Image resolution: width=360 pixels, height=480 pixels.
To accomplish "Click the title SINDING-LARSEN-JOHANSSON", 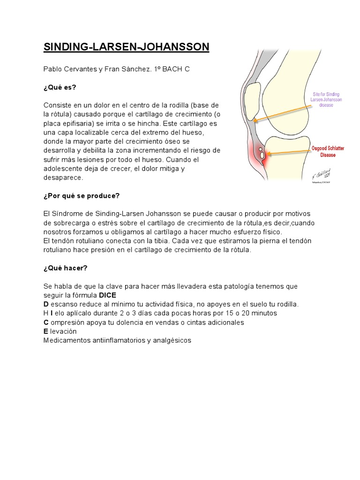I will coord(127,47).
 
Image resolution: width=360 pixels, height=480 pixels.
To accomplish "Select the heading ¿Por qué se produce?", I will coord(82,195).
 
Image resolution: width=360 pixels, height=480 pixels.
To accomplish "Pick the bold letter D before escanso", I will coord(46,304).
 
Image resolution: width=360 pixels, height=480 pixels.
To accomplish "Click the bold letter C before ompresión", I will coord(46,322).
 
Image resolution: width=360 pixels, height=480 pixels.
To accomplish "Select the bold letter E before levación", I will coord(45,331).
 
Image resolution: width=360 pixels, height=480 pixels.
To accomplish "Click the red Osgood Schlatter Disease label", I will coord(328,151).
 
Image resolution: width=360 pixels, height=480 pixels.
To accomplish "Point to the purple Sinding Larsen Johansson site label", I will coord(327,99).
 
